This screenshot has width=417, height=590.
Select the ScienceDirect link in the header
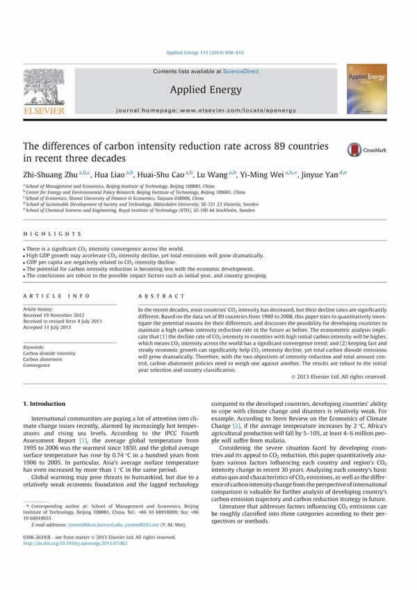(x=243, y=71)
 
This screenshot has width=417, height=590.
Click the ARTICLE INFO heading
(x=49, y=294)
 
